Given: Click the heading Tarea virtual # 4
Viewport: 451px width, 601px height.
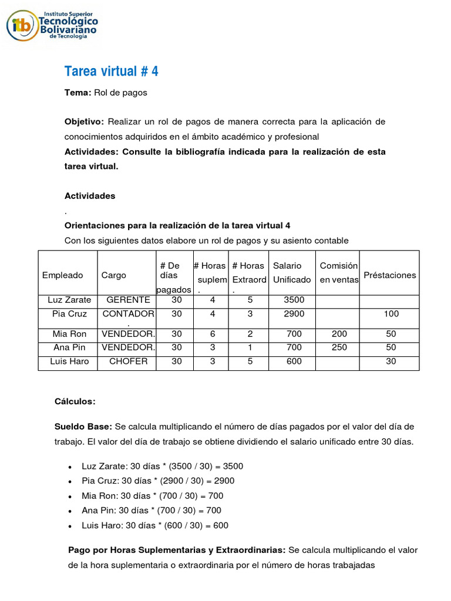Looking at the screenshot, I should pos(111,72).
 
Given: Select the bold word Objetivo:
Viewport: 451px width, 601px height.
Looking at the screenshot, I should pos(83,121).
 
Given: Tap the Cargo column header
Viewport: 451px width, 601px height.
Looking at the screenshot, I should pos(113,275).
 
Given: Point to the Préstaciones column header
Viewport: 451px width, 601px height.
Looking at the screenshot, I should pos(389,275).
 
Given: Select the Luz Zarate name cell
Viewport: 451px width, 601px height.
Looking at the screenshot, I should pos(68,300).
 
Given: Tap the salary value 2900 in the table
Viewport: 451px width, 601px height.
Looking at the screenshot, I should pos(294,314).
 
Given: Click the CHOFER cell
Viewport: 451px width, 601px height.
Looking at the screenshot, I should pos(128,362).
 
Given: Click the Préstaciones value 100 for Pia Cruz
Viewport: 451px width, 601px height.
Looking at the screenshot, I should pos(391,314).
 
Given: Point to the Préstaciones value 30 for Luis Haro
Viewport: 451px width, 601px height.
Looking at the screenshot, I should pos(391,362).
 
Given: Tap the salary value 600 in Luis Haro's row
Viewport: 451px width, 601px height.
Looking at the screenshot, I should pos(294,362).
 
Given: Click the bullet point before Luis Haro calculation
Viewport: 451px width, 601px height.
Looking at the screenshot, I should pos(70,526).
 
